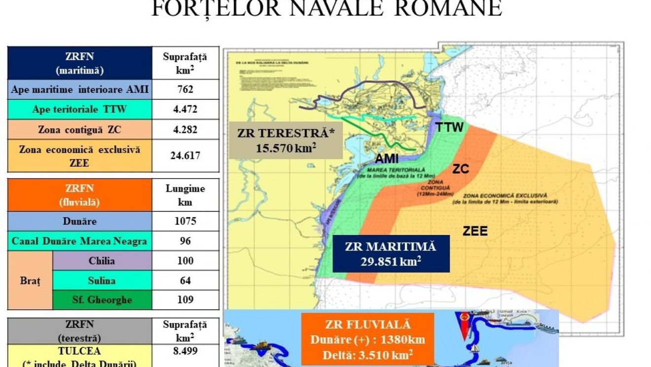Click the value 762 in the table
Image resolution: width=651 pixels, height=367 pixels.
click(x=185, y=89)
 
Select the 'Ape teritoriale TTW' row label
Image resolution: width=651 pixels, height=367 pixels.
click(x=80, y=110)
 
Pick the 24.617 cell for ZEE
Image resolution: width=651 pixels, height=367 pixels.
click(x=185, y=156)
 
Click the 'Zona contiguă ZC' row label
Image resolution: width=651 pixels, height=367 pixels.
click(x=80, y=129)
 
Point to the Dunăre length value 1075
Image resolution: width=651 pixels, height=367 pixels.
click(x=185, y=221)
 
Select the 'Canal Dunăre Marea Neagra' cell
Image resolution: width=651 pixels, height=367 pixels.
click(x=80, y=241)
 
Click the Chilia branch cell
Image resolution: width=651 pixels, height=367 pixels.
click(x=102, y=260)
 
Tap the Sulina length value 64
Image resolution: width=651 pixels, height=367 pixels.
click(x=185, y=281)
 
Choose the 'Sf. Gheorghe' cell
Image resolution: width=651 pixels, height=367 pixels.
click(x=102, y=300)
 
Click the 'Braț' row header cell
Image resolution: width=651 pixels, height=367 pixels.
click(x=30, y=281)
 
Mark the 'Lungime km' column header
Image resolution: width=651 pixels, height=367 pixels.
click(x=185, y=195)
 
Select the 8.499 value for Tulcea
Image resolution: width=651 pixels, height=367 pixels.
click(x=185, y=351)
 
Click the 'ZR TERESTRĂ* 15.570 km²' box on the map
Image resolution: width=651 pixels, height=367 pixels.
click(x=286, y=140)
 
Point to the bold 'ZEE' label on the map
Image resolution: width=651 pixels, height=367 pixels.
click(x=475, y=231)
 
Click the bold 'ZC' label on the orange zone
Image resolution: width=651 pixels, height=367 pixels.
click(x=460, y=169)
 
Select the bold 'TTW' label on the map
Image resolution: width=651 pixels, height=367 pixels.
click(x=449, y=127)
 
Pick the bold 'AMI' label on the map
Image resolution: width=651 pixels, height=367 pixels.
click(x=387, y=159)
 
